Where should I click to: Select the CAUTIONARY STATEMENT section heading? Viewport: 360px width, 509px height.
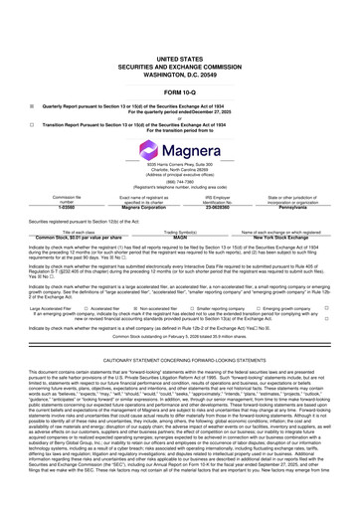(179, 360)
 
